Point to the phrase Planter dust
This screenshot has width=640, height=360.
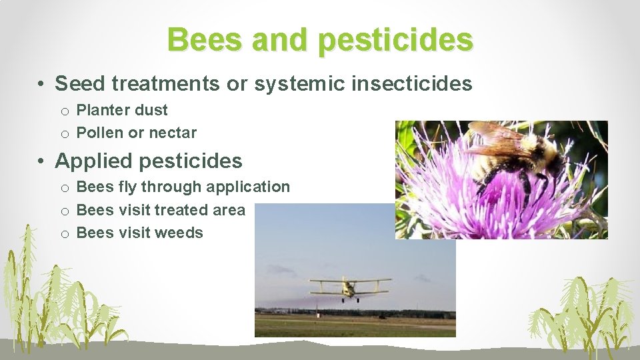click(x=122, y=110)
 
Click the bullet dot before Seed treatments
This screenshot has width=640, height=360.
click(x=41, y=85)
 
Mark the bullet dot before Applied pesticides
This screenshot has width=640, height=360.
click(x=41, y=161)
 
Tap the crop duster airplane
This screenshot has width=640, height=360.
click(x=350, y=287)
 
